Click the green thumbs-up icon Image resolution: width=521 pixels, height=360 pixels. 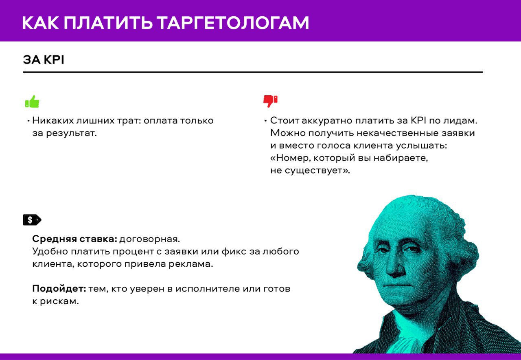coord(32,101)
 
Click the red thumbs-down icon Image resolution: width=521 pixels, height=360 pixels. coord(270,101)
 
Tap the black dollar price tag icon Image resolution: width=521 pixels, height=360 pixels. coord(32,220)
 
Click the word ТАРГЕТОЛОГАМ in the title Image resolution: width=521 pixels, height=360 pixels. coord(232,23)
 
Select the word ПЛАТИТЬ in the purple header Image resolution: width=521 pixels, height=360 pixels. coord(108,23)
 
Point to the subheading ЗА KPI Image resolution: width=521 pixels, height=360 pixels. coord(44,59)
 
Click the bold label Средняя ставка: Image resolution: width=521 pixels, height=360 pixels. coord(74,239)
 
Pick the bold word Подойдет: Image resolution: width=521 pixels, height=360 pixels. coord(59,289)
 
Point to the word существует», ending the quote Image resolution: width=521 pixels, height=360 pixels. coord(317,171)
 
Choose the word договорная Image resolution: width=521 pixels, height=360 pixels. coord(149,239)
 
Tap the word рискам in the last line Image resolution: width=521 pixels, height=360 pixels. coord(59,301)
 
